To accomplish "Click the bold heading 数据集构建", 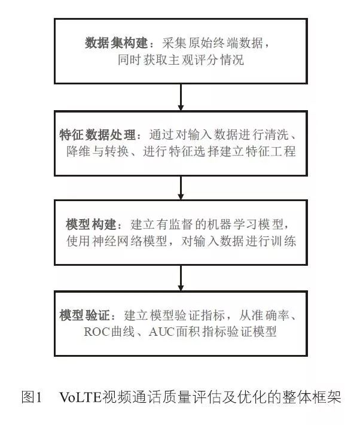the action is coord(116,43).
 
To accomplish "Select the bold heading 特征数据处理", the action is coord(97,135).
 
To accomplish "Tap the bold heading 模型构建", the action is coord(91,224).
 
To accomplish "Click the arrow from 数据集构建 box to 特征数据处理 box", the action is coord(181,97).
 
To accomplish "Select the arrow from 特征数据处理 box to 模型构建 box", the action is coord(181,188).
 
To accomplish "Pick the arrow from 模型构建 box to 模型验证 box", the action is coord(181,278).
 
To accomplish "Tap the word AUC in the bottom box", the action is coord(161,332).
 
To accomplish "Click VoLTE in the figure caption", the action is coord(81,397).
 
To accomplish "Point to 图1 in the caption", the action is coord(32,397).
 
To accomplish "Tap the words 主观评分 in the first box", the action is coord(193,60).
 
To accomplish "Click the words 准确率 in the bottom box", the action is coord(270,315).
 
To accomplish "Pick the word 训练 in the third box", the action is coord(283,241).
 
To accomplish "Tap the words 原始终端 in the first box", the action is coord(213,43).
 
